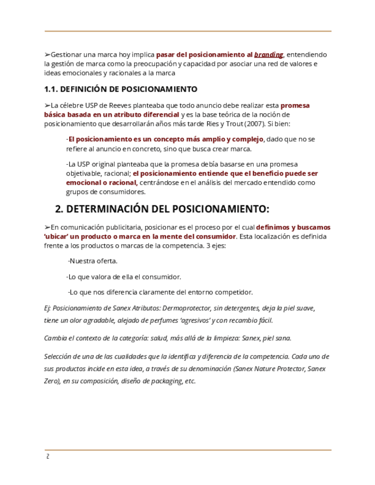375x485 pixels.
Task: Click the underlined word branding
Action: pyautogui.click(x=269, y=55)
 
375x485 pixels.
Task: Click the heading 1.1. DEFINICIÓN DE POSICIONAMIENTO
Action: pyautogui.click(x=121, y=89)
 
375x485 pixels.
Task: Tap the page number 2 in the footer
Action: pyautogui.click(x=48, y=457)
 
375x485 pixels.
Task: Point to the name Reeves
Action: pyautogui.click(x=121, y=105)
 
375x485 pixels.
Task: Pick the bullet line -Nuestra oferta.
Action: pyautogui.click(x=93, y=261)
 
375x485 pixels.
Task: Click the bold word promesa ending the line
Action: pyautogui.click(x=295, y=105)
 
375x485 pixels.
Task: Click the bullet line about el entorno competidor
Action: pyautogui.click(x=160, y=292)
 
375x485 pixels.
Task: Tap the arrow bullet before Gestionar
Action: pyautogui.click(x=47, y=55)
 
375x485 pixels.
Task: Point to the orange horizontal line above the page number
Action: pyautogui.click(x=188, y=450)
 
